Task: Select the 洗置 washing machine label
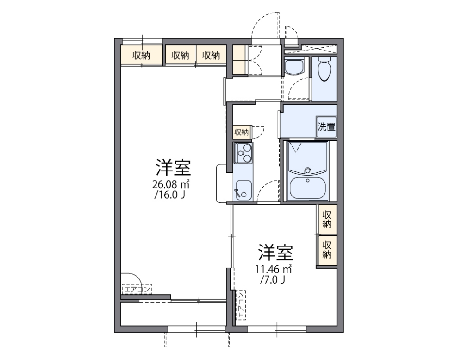[326, 127]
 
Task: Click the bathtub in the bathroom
[307, 187]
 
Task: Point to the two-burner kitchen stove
[243, 153]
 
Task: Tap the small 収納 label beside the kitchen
[241, 132]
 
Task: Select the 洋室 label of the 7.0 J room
[276, 253]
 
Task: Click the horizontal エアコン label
[137, 290]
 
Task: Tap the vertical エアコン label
[241, 305]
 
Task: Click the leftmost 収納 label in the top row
[142, 56]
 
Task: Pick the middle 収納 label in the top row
[181, 56]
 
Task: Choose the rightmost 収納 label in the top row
[211, 56]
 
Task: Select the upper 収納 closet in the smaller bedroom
[327, 219]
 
